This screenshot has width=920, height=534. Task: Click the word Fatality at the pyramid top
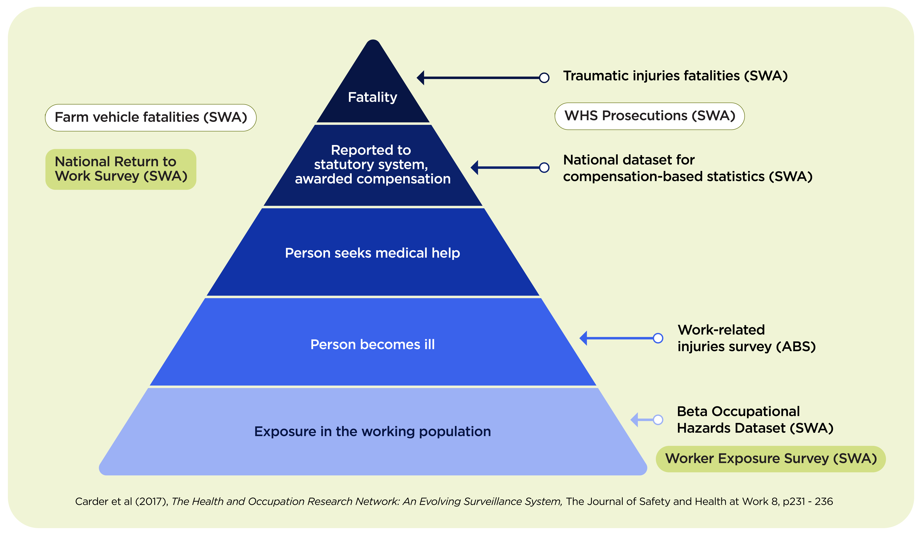[x=372, y=97]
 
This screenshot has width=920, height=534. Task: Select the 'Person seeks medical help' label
[x=372, y=253]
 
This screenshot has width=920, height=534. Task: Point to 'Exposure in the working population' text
[x=372, y=431]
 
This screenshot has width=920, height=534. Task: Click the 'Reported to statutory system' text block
[x=372, y=164]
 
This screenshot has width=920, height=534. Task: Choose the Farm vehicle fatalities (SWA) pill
[x=151, y=117]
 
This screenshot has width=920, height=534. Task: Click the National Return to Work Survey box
[x=121, y=169]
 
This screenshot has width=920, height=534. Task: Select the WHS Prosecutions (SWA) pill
[x=649, y=116]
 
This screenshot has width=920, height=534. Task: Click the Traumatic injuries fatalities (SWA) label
[x=675, y=76]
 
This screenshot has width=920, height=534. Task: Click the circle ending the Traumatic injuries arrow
[x=544, y=78]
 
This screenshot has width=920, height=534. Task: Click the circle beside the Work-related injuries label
[x=658, y=338]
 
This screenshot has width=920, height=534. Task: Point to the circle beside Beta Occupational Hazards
[x=658, y=420]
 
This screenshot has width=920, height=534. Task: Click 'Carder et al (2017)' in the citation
[x=121, y=501]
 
